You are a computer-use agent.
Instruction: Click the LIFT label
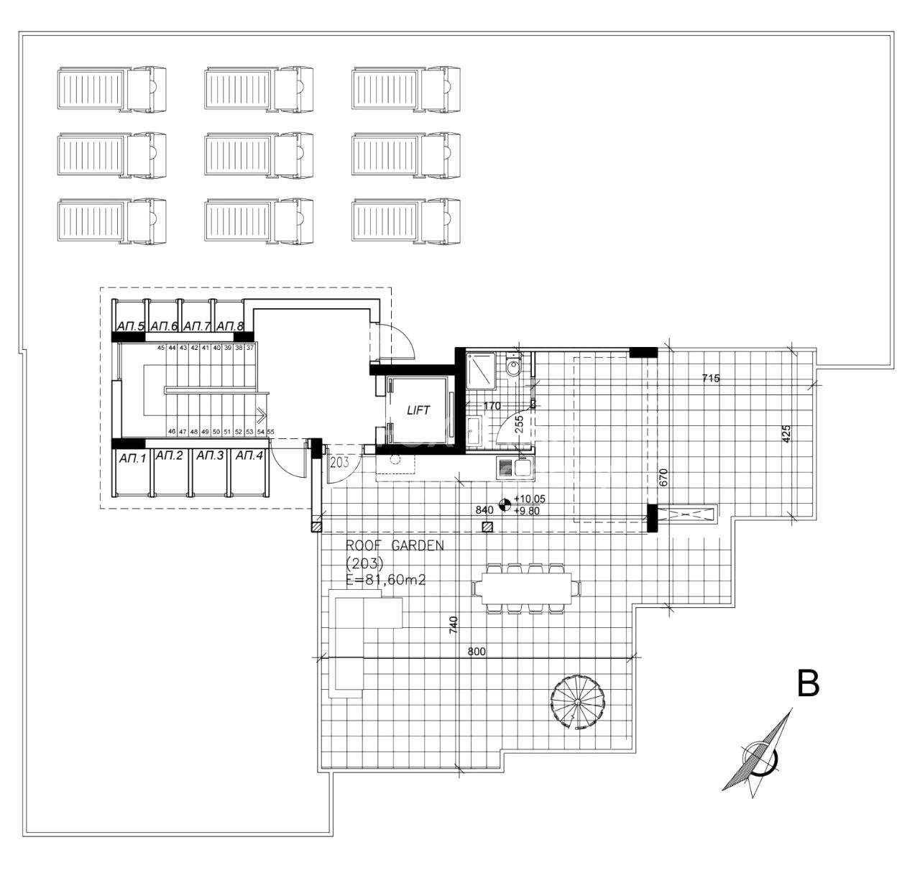[x=418, y=410]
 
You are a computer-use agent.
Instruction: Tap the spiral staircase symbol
[x=578, y=701]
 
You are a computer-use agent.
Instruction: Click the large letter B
[x=809, y=684]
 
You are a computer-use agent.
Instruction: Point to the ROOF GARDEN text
[x=395, y=545]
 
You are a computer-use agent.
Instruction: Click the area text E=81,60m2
[x=385, y=581]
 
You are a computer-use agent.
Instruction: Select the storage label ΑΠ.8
[x=230, y=327]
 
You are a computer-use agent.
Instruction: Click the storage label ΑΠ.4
[x=249, y=456]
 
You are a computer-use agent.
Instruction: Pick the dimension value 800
[x=477, y=652]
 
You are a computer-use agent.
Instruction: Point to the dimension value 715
[x=712, y=378]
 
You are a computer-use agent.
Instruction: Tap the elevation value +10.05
[x=527, y=499]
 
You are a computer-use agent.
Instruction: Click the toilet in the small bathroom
[x=513, y=368]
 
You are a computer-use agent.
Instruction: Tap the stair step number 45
[x=162, y=348]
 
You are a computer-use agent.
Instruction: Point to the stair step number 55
[x=271, y=432]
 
